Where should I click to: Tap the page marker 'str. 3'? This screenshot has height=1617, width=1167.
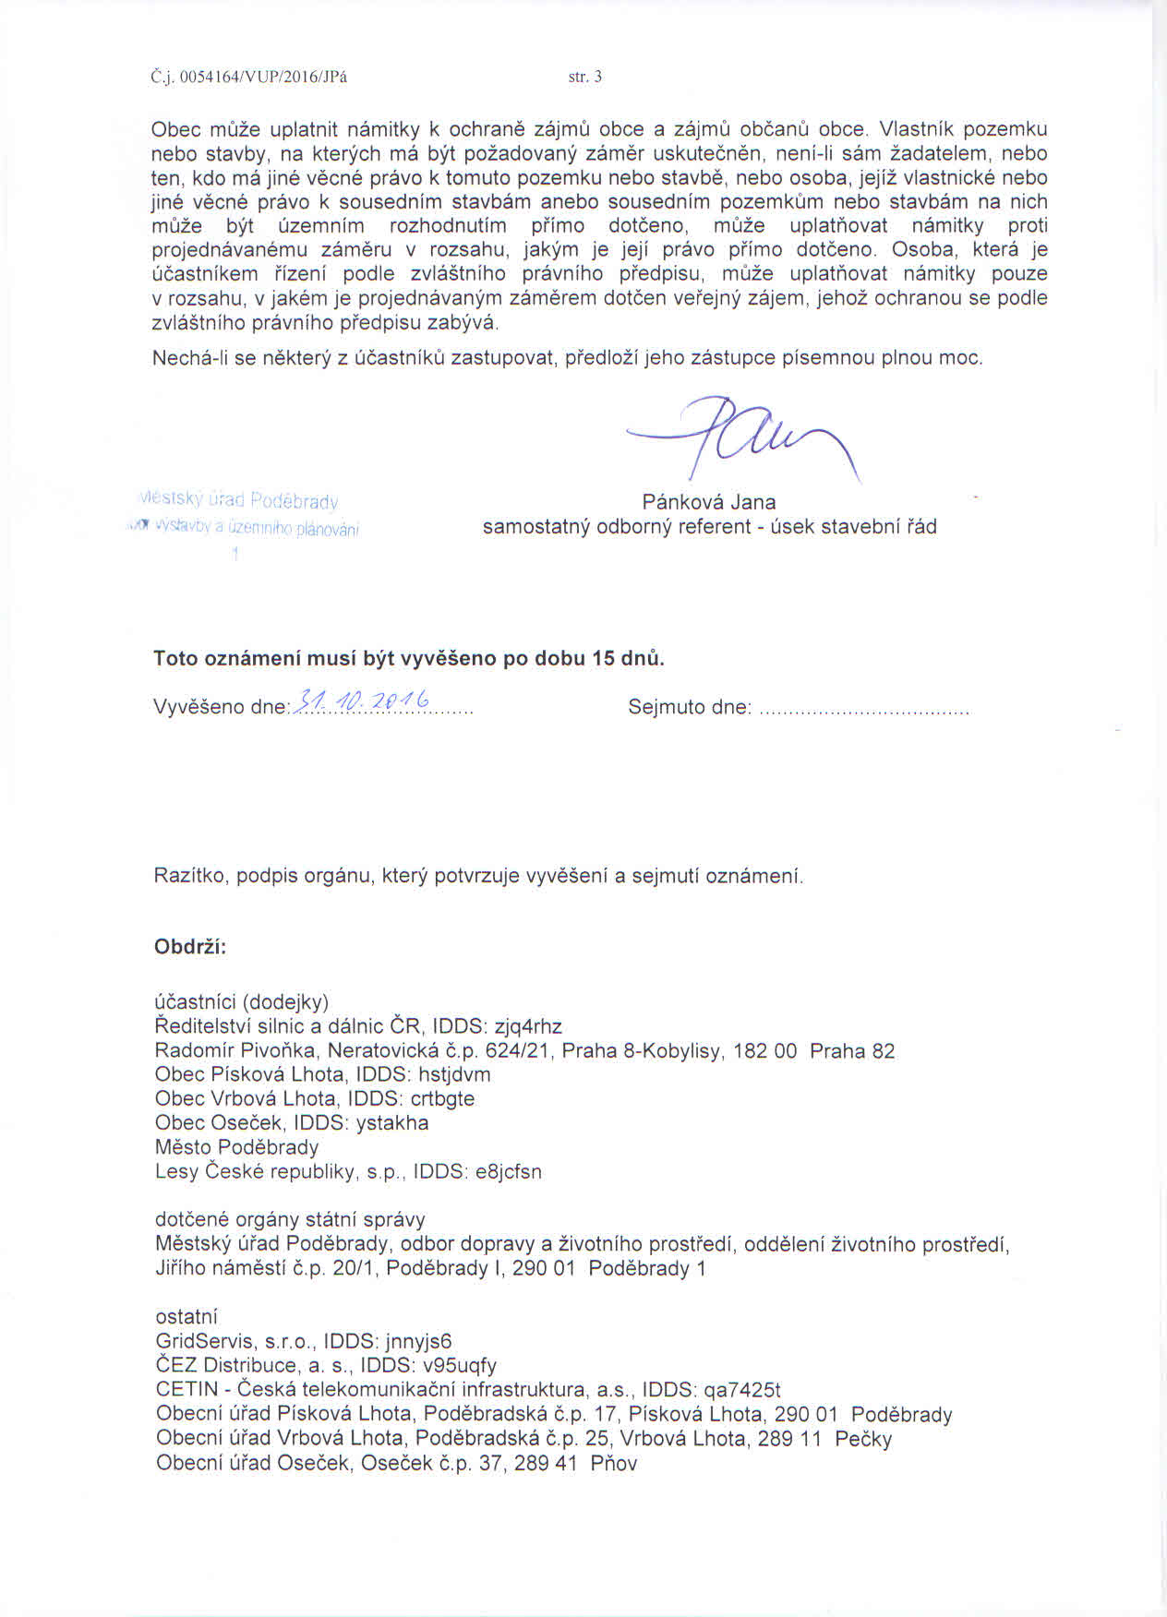click(x=585, y=78)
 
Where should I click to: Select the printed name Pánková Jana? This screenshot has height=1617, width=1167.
click(x=709, y=502)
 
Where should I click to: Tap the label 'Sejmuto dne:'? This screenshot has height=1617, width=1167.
click(x=690, y=708)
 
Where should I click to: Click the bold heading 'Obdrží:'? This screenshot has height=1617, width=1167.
click(x=190, y=948)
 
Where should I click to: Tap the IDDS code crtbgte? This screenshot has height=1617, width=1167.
click(x=442, y=1098)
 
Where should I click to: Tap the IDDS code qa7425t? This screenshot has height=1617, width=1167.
click(x=742, y=1390)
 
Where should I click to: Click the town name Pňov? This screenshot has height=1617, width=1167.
click(x=614, y=1463)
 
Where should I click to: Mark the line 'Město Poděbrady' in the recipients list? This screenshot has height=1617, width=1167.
click(x=237, y=1147)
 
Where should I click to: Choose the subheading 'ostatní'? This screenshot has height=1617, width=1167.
click(x=186, y=1317)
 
